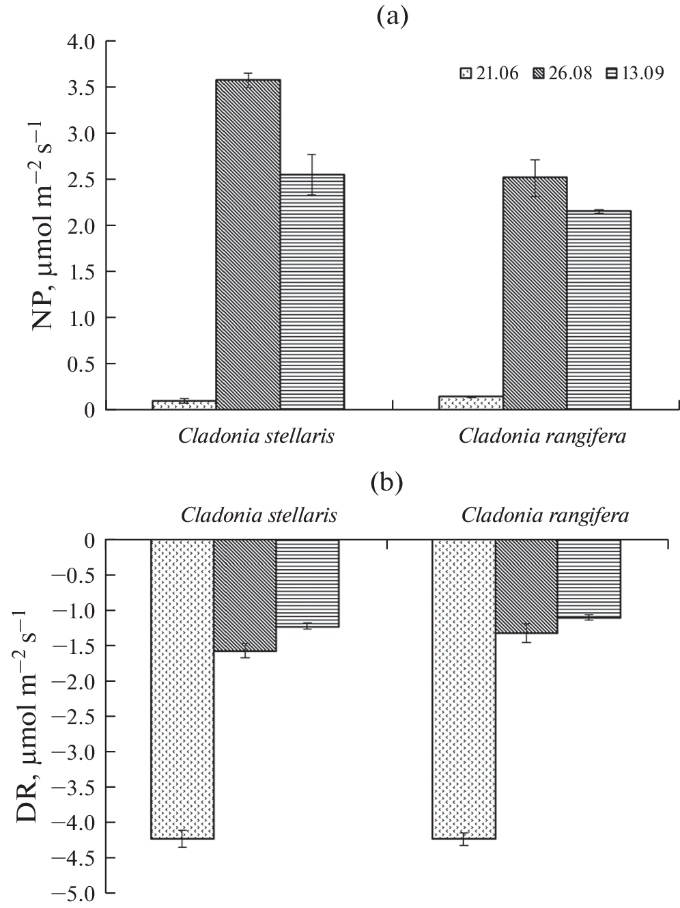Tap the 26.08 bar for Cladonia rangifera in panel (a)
pyautogui.click(x=535, y=293)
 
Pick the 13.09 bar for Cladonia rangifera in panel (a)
pyautogui.click(x=599, y=310)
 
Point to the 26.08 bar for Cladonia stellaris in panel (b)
pyautogui.click(x=245, y=595)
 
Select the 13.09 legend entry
pyautogui.click(x=635, y=74)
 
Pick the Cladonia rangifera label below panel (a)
pyautogui.click(x=542, y=436)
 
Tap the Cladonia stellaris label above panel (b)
pyautogui.click(x=259, y=515)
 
